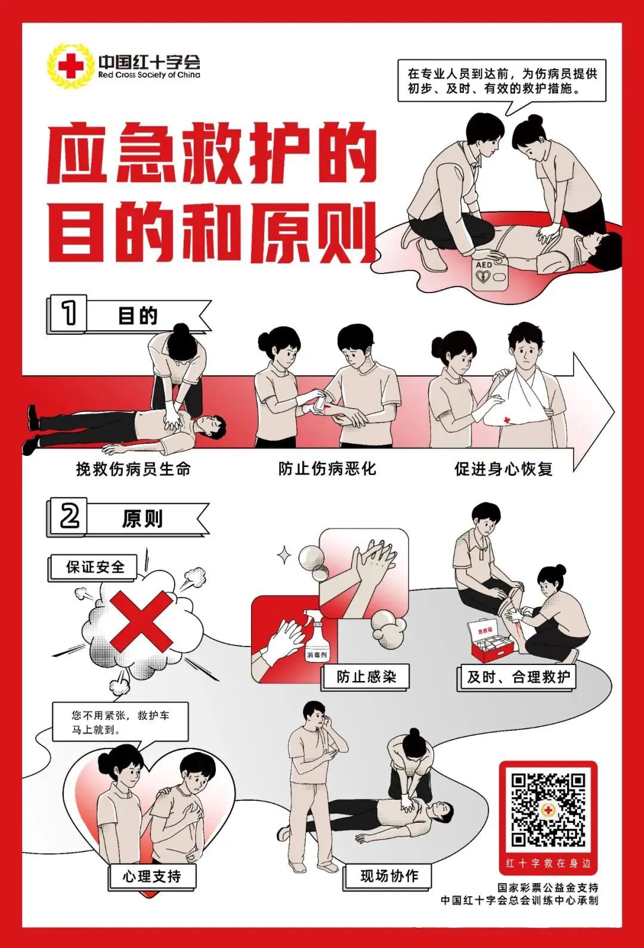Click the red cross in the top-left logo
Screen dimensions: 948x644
pos(72,66)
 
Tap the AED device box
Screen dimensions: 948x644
pos(490,275)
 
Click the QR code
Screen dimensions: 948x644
pos(547,809)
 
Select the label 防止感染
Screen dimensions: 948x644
pos(366,677)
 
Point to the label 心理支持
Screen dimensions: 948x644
pos(151,876)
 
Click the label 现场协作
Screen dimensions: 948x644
pos(389,876)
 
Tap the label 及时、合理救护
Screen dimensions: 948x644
pos(518,677)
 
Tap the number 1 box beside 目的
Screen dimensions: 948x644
pos(69,313)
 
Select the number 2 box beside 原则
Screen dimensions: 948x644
pos(69,516)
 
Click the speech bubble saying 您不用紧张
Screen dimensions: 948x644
pos(119,722)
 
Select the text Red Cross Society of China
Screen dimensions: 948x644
pos(149,76)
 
